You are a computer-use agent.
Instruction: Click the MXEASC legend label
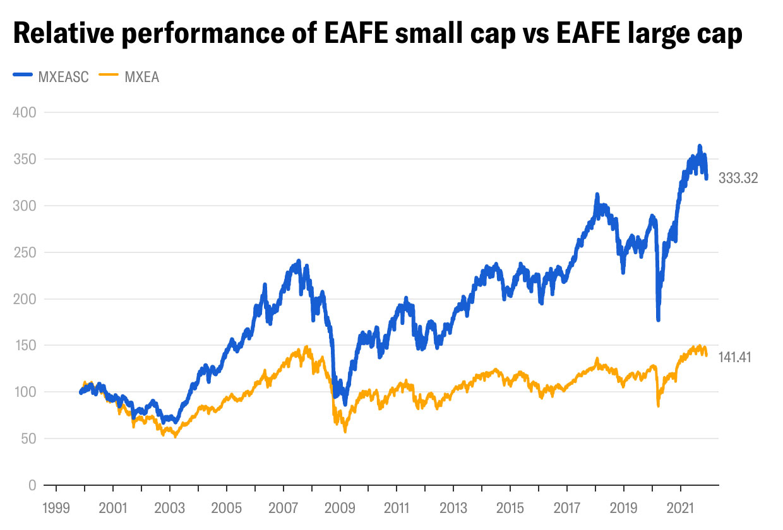[x=64, y=78]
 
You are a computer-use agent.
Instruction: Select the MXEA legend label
[x=142, y=78]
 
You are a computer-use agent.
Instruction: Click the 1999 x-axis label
[x=56, y=508]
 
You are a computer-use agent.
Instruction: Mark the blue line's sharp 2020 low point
[x=658, y=320]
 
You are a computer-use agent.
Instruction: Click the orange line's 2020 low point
[x=658, y=406]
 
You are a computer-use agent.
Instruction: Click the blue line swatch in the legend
[x=22, y=78]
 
